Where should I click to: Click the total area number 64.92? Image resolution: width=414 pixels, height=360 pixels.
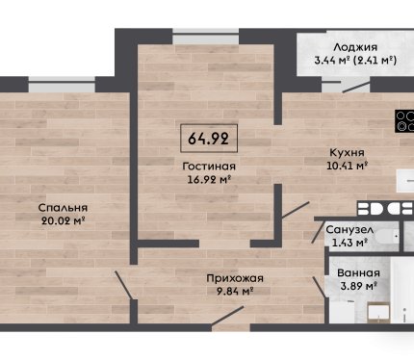click(208, 139)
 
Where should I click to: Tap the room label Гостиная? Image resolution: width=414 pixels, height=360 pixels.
click(209, 167)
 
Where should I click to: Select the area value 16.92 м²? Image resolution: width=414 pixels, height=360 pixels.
click(209, 180)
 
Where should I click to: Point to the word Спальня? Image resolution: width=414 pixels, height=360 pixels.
click(63, 208)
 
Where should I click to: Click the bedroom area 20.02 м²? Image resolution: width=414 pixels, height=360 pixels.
click(63, 220)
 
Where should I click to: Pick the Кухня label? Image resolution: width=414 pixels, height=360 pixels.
click(348, 152)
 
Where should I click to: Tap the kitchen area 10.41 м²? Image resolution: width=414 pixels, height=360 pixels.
click(347, 166)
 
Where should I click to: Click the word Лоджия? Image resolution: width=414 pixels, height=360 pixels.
click(355, 47)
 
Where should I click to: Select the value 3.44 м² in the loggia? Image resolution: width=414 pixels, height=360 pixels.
click(332, 60)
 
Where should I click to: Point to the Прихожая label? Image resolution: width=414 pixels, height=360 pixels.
click(235, 278)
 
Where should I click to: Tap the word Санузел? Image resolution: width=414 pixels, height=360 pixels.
click(349, 230)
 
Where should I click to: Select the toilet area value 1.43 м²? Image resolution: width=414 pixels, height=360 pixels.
click(349, 243)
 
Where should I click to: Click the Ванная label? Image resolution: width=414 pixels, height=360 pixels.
click(358, 273)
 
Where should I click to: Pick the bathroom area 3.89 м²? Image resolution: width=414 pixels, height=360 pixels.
click(358, 286)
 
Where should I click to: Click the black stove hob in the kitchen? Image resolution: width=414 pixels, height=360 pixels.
click(404, 121)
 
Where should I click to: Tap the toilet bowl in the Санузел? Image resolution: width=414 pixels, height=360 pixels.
click(387, 237)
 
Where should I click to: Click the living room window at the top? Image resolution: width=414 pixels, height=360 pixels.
click(206, 37)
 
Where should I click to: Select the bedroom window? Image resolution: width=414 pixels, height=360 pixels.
click(62, 85)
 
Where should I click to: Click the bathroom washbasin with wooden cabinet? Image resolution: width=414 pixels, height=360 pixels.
click(378, 313)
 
